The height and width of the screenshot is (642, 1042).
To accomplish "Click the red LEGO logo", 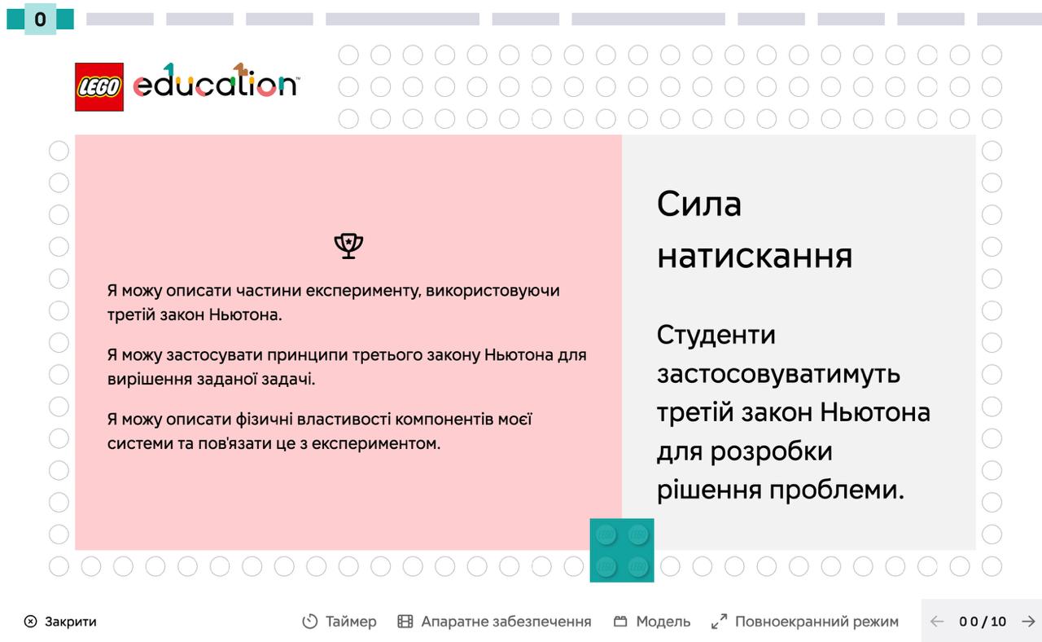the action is [99, 87].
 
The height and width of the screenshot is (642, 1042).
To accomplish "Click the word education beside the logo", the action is [217, 81].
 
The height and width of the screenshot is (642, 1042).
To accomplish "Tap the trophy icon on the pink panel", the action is [348, 246].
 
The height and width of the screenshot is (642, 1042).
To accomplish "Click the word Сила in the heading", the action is [698, 204].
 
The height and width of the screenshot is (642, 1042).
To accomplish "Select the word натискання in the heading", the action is [755, 257].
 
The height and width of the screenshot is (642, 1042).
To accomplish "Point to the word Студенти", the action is [716, 335].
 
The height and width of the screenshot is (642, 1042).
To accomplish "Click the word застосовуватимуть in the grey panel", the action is [778, 374].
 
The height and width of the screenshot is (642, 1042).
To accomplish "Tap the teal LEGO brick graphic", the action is [622, 550].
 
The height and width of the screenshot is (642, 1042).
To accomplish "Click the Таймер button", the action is [339, 622].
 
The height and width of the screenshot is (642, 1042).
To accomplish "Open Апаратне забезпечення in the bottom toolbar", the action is [494, 622].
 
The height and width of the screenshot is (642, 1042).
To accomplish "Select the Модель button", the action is [652, 622].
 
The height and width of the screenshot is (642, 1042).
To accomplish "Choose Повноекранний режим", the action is [805, 622].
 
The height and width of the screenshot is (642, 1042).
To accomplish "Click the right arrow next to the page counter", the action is [1028, 622].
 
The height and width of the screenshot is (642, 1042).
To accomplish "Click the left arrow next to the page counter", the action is [937, 622].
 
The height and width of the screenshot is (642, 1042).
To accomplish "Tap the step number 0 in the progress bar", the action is [40, 19].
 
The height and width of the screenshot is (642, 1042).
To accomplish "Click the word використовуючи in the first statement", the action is [493, 291].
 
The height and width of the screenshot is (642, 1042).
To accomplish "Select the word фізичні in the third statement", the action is [264, 420].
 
